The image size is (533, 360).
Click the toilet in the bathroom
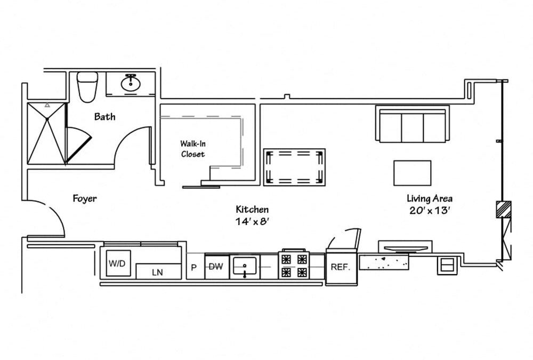pos(87,86)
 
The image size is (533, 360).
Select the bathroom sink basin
pos(130,84)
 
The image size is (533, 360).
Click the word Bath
pos(104,116)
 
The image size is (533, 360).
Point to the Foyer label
pos(85,198)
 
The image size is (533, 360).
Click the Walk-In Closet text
pos(192,149)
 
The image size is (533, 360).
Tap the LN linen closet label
pos(157,272)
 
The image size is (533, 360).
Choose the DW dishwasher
pos(215,266)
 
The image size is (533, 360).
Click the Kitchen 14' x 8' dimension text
pos(252,215)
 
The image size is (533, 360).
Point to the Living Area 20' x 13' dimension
pos(431,204)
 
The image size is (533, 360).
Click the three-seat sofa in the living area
pos(412,124)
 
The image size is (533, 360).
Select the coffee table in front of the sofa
pos(413,173)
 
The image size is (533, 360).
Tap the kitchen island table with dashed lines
pos(295,167)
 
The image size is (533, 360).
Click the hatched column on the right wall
pos(503,209)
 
